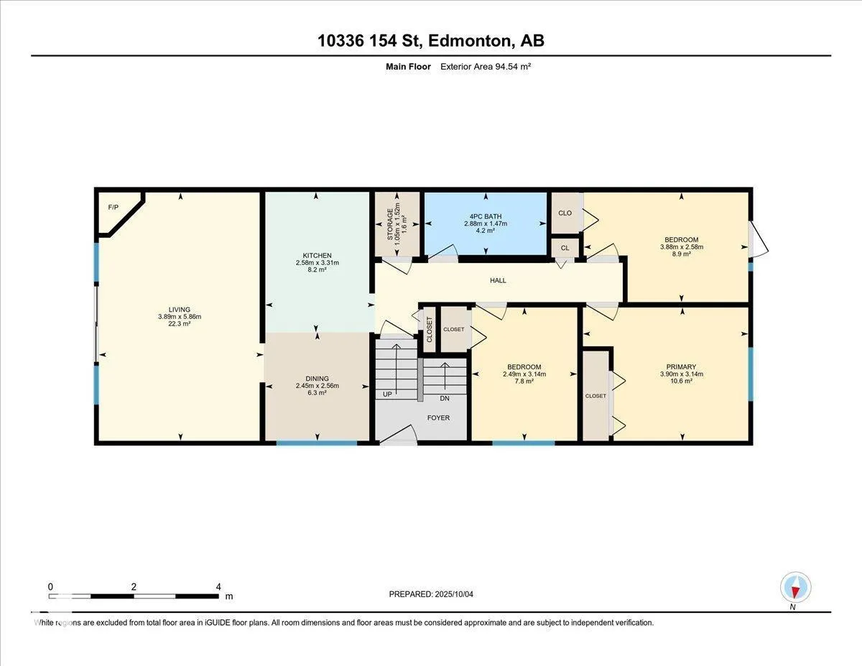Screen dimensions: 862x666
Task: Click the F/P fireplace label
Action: point(113,207)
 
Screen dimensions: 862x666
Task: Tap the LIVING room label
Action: point(180,310)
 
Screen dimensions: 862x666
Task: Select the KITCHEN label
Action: point(317,256)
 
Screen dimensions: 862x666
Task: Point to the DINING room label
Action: point(317,379)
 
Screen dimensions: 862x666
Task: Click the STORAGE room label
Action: point(390,224)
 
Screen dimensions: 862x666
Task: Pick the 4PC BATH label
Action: point(486,216)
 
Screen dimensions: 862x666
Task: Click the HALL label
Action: point(498,280)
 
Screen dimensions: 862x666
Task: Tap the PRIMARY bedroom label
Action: point(681,367)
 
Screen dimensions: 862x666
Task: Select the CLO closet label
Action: point(565,213)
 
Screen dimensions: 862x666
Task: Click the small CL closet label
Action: point(565,248)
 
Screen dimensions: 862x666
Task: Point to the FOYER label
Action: point(438,417)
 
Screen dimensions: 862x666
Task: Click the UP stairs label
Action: point(387,394)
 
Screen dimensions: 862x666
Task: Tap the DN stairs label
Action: point(444,398)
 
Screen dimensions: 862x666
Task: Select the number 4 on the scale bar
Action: point(218,587)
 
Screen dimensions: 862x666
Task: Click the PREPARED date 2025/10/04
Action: point(454,594)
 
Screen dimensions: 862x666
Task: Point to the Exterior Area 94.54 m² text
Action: point(486,67)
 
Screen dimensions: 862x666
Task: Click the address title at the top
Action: point(431,41)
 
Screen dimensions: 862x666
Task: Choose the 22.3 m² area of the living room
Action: point(180,324)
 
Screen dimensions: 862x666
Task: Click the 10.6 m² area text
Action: point(681,381)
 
